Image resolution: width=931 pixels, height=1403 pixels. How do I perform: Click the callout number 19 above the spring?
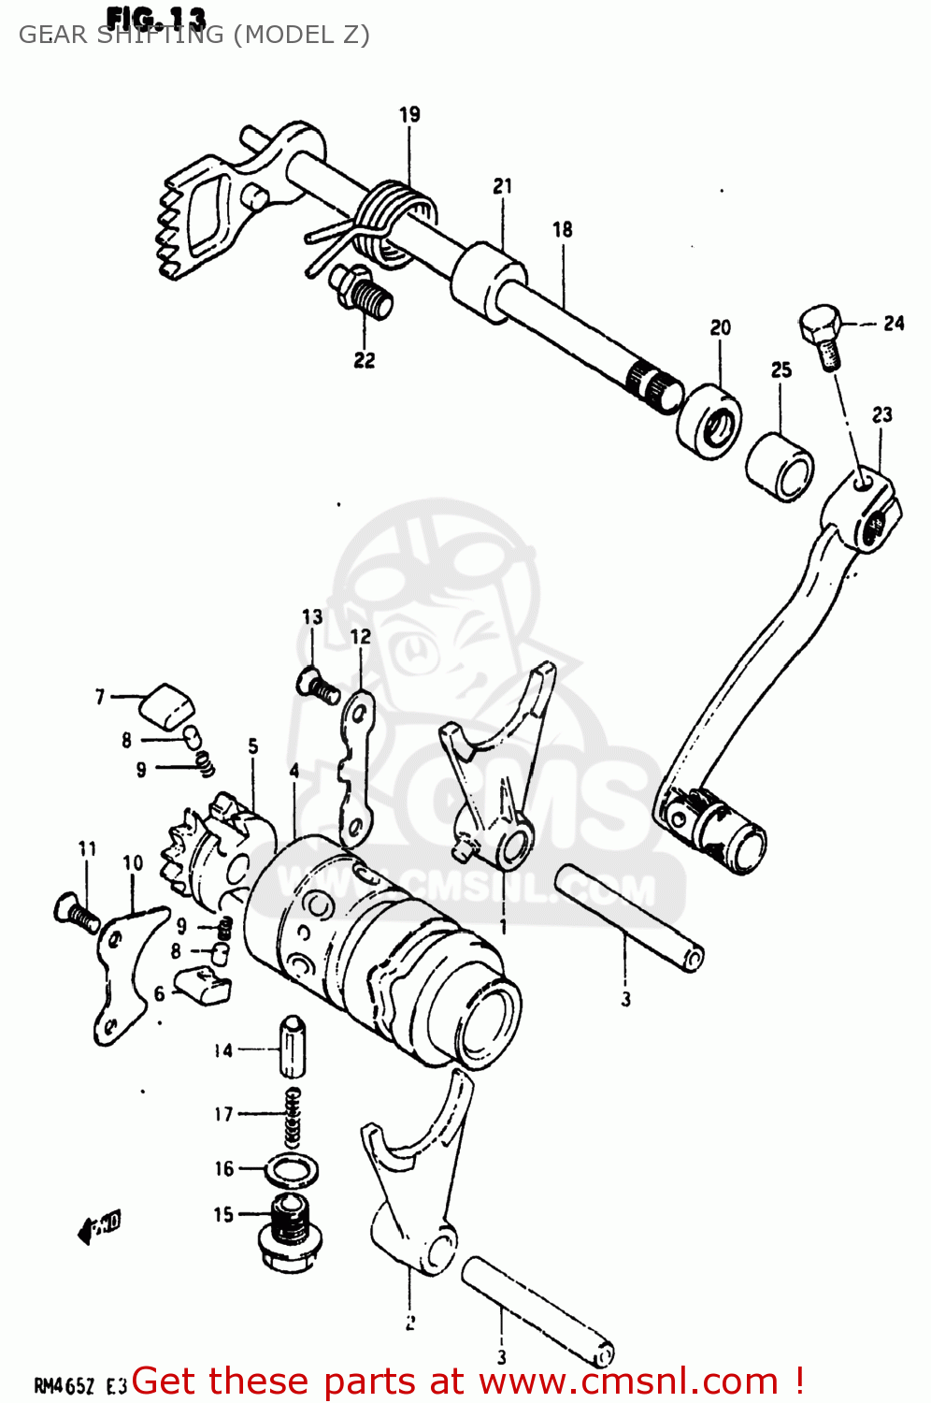(409, 115)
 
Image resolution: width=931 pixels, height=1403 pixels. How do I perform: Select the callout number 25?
(781, 370)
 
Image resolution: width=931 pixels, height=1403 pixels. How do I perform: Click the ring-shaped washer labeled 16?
(292, 1169)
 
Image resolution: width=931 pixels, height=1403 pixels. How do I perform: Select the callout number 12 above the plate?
(361, 637)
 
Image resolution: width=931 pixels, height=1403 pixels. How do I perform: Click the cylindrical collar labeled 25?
(781, 466)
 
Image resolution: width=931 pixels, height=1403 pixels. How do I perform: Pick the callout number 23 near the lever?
(882, 414)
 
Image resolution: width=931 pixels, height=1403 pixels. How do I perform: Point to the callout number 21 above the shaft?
(503, 186)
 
